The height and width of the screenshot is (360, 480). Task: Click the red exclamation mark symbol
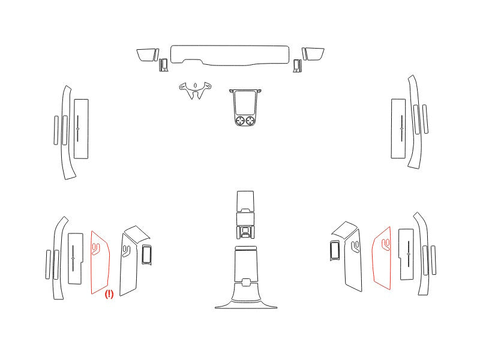tap(109, 294)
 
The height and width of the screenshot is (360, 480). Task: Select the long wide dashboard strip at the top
tap(230, 55)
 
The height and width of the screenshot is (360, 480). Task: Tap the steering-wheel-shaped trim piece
tap(195, 90)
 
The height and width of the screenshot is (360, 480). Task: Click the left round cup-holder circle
tap(240, 121)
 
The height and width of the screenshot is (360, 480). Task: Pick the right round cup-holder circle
tap(250, 121)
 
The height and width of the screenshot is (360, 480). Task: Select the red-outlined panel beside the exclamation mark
tap(100, 263)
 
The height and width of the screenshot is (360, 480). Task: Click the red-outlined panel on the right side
tap(382, 259)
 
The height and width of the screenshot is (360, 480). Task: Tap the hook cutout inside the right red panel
tap(386, 245)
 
